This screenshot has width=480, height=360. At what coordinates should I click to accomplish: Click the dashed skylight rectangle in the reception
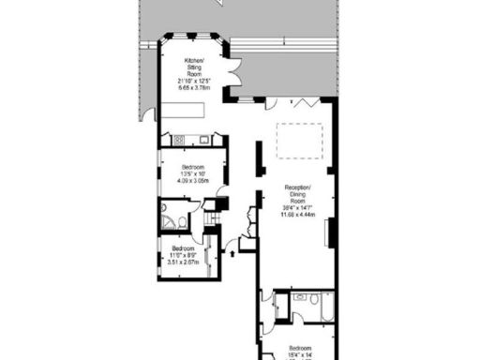301,140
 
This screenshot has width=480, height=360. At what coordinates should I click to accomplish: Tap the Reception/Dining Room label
298,195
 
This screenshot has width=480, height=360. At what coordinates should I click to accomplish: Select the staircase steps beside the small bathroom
211,218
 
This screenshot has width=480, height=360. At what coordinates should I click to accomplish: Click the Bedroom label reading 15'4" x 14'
299,351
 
